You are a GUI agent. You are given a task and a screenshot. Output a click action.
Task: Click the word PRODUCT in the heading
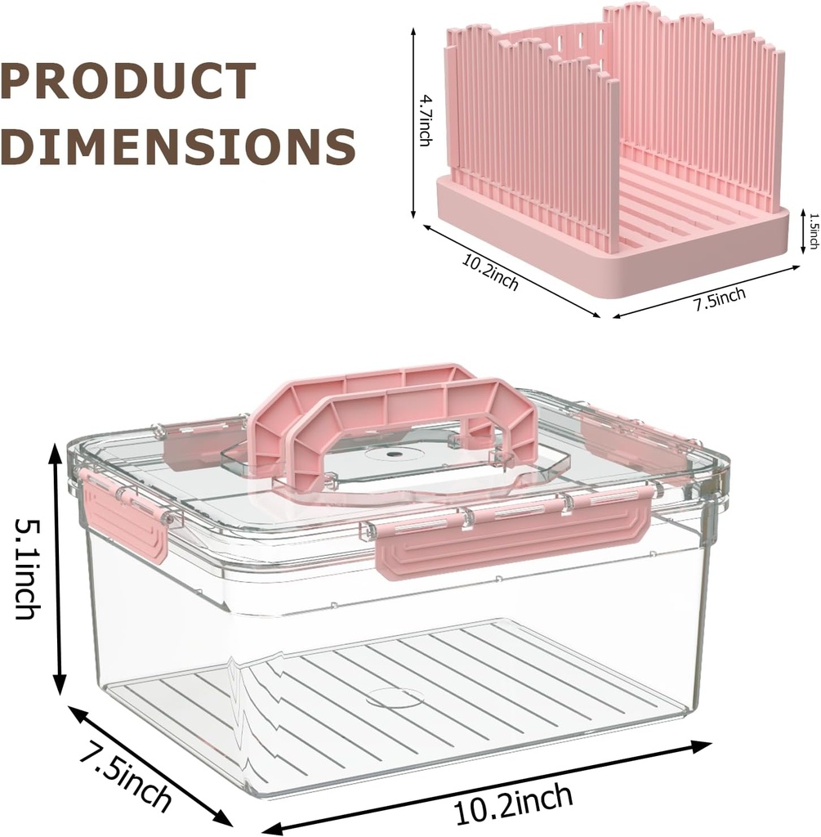[128, 82]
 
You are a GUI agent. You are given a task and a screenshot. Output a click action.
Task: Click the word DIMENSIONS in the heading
[178, 147]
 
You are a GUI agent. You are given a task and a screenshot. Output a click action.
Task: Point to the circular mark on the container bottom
[395, 697]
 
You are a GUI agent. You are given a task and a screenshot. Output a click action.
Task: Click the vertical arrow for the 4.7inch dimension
[414, 123]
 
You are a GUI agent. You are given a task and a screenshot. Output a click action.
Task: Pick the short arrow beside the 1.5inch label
[799, 231]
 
